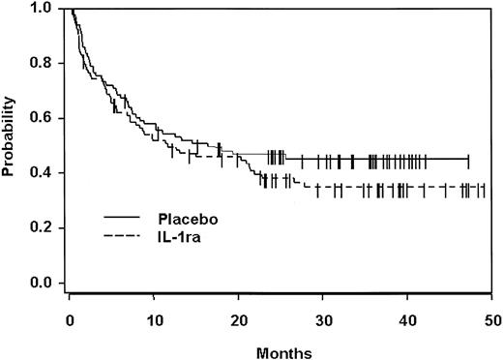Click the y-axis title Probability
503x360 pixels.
tap(9, 145)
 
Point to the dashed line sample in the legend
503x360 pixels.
tap(123, 233)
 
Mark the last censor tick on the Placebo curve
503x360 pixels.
tap(468, 159)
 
